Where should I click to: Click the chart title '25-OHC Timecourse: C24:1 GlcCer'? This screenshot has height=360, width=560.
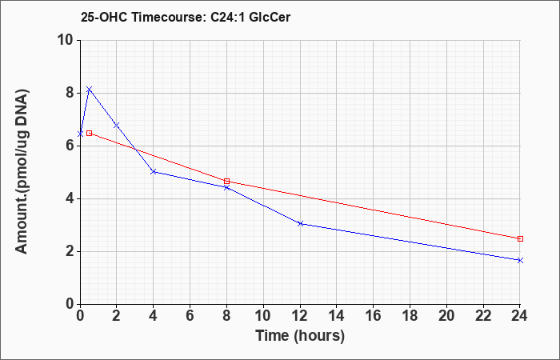(186, 17)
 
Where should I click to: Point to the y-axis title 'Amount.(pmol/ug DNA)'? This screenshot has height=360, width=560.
(22, 172)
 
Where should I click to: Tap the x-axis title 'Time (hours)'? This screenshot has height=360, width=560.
(300, 336)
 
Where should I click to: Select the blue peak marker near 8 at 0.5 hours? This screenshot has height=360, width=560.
(90, 89)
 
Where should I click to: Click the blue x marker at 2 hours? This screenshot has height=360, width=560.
(117, 126)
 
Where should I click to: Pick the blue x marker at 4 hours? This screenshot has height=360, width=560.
(154, 172)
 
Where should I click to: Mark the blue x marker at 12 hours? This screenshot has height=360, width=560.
(300, 223)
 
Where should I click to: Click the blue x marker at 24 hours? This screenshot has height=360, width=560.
(520, 260)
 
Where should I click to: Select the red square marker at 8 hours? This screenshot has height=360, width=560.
(226, 181)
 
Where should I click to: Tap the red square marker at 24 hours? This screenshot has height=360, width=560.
(520, 238)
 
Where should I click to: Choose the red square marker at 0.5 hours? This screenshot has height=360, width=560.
(90, 134)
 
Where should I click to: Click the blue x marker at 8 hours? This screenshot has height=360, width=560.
(226, 187)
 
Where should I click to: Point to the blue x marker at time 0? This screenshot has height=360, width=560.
(80, 134)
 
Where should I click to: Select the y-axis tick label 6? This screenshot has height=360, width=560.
(70, 146)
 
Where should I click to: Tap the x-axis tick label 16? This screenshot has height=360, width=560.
(374, 316)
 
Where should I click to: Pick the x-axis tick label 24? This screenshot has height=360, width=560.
(520, 316)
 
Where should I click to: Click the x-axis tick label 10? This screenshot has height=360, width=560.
(263, 316)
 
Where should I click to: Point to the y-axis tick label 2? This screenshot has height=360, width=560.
(70, 251)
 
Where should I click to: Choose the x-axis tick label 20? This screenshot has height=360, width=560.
(446, 316)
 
